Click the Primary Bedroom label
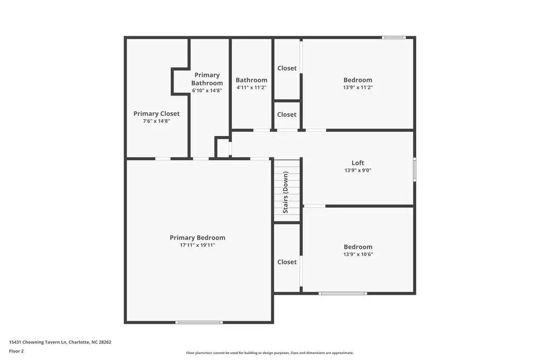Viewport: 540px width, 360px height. tap(197, 237)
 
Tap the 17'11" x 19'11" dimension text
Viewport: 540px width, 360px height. tap(197, 245)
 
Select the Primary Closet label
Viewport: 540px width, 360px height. tap(157, 113)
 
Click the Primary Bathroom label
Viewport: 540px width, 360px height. tap(207, 79)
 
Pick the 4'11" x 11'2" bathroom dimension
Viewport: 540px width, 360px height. tap(251, 87)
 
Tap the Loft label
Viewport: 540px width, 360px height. tap(358, 162)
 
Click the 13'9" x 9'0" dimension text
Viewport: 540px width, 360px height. tap(358, 170)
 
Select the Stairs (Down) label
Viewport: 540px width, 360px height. tap(285, 192)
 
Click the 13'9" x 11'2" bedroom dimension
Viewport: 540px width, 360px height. tap(358, 87)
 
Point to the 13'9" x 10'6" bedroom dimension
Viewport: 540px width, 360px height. tap(358, 254)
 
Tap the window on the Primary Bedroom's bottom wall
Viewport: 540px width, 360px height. tap(199, 322)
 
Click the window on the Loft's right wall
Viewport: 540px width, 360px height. tap(415, 169)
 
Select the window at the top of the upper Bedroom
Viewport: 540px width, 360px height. tap(394, 37)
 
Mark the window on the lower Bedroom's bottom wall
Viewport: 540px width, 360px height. tap(342, 293)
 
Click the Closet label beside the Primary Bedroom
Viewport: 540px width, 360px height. tap(287, 262)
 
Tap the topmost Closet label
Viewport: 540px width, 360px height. tap(287, 68)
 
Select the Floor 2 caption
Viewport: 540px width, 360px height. tap(16, 351)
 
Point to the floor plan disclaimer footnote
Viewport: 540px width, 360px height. tap(269, 353)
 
